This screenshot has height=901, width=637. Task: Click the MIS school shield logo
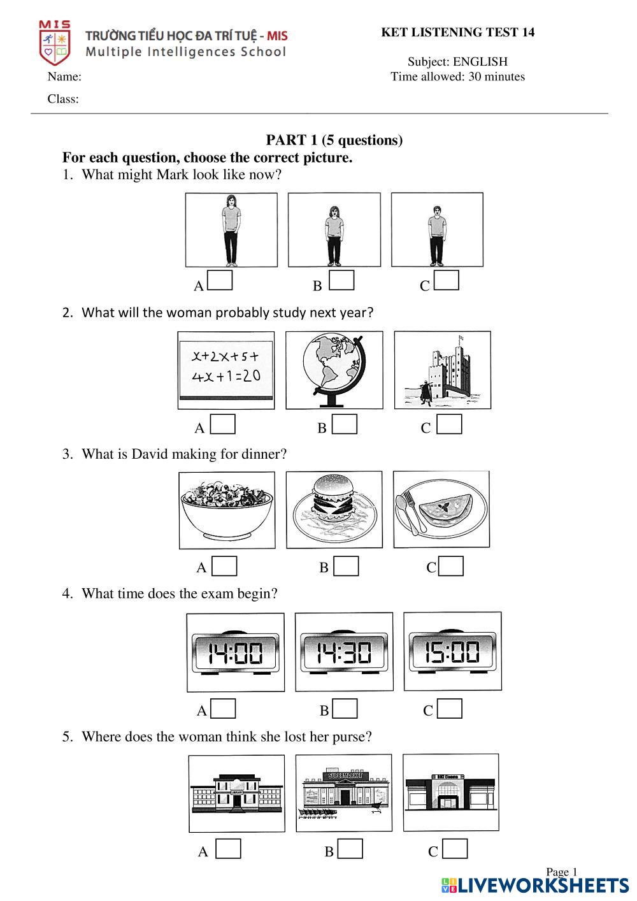point(55,43)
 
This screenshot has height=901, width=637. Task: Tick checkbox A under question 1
point(220,280)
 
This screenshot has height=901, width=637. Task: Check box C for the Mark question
point(446,280)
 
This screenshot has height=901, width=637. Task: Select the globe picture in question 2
point(334,370)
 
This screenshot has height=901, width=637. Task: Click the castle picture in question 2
point(443,370)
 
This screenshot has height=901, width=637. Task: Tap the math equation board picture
point(226,370)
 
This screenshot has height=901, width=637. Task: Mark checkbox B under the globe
point(344,424)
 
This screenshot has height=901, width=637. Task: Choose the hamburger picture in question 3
point(334,510)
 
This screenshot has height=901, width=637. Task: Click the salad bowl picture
point(227,510)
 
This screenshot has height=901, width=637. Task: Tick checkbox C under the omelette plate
point(451,566)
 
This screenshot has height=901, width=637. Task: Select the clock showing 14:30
point(344,652)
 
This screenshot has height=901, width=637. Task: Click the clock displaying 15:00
point(453,652)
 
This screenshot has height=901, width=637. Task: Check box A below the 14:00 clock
point(223,709)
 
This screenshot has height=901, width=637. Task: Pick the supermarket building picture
point(344,793)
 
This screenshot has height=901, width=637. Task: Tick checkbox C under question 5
point(455,849)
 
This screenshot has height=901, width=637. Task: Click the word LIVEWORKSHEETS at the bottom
point(543,886)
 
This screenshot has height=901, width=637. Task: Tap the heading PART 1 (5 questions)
point(334,140)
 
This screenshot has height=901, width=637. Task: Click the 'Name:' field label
point(64,77)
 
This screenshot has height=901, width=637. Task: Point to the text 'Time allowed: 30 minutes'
point(457,77)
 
